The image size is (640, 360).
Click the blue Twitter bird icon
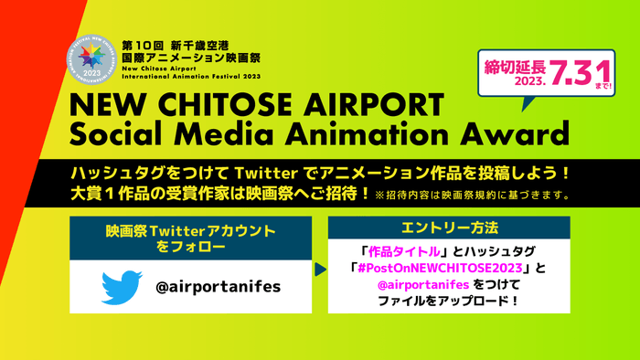[121, 287]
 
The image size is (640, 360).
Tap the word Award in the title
[509, 136]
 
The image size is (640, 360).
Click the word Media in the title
[232, 136]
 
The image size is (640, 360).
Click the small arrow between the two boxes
[319, 271]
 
